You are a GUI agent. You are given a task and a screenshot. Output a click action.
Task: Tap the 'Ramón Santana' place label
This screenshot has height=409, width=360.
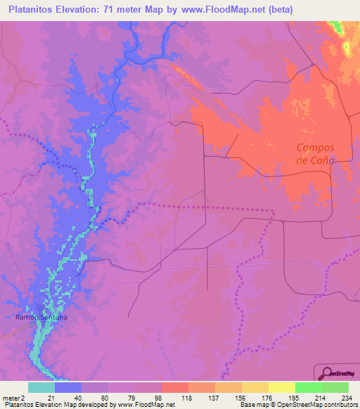(x=42, y=318)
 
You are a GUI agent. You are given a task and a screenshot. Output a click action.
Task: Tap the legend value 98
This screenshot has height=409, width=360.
(x=160, y=398)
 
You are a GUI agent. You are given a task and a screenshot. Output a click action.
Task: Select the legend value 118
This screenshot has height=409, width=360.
(x=187, y=398)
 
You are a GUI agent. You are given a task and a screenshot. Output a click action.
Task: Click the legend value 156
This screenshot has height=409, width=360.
(x=241, y=398)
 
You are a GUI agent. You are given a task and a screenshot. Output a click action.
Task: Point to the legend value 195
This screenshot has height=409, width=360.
(x=295, y=398)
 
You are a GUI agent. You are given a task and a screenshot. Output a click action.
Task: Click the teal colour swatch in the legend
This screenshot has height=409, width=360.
(x=41, y=387)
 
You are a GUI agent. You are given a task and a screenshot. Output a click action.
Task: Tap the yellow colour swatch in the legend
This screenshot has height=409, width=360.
(x=281, y=387)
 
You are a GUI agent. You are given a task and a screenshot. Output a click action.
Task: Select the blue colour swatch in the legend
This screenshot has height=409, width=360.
(x=68, y=387)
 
